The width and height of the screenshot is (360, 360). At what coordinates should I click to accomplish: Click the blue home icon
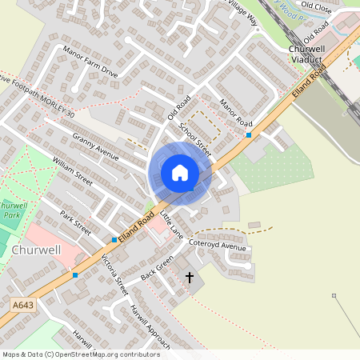(x=180, y=173)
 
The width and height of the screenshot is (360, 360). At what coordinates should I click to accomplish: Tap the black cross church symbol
(x=190, y=278)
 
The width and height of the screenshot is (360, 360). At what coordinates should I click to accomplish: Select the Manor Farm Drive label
(x=90, y=61)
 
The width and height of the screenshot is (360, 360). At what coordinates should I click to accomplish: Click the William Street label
(x=73, y=172)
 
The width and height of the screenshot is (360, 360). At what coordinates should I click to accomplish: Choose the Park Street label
(x=77, y=222)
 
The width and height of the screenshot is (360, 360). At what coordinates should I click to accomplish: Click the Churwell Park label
(x=10, y=209)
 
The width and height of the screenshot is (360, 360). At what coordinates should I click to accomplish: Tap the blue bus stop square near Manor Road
(x=249, y=135)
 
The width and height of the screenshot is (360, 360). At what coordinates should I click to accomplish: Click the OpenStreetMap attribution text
(x=81, y=354)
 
